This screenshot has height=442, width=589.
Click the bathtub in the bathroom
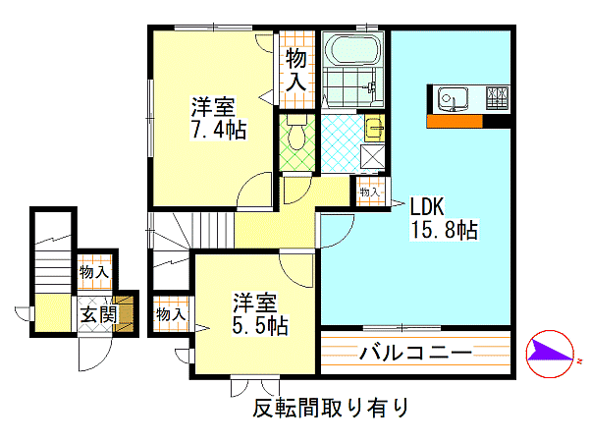[x=352, y=49]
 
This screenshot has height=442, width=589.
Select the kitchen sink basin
[x=453, y=99]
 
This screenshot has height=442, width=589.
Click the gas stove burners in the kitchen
[x=498, y=97]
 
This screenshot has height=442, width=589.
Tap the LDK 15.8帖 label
[x=445, y=218]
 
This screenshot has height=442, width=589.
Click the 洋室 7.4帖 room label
[x=218, y=118]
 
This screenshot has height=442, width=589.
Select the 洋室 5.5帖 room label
[x=260, y=314]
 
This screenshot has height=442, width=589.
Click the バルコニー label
[x=415, y=353]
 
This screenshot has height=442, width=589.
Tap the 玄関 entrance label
[x=99, y=314]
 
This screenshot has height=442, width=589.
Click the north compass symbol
[x=550, y=354]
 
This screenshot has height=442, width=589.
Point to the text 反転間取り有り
[x=331, y=408]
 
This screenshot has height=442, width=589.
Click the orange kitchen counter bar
[x=455, y=121]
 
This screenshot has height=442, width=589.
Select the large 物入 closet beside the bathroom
[x=296, y=71]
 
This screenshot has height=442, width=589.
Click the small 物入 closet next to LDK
[x=370, y=192]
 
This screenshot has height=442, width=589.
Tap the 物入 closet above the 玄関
[x=94, y=271]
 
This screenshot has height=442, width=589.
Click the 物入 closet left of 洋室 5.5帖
[x=171, y=314]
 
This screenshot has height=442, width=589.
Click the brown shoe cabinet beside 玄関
[x=125, y=314]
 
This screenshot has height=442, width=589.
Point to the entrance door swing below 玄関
[x=94, y=354]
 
